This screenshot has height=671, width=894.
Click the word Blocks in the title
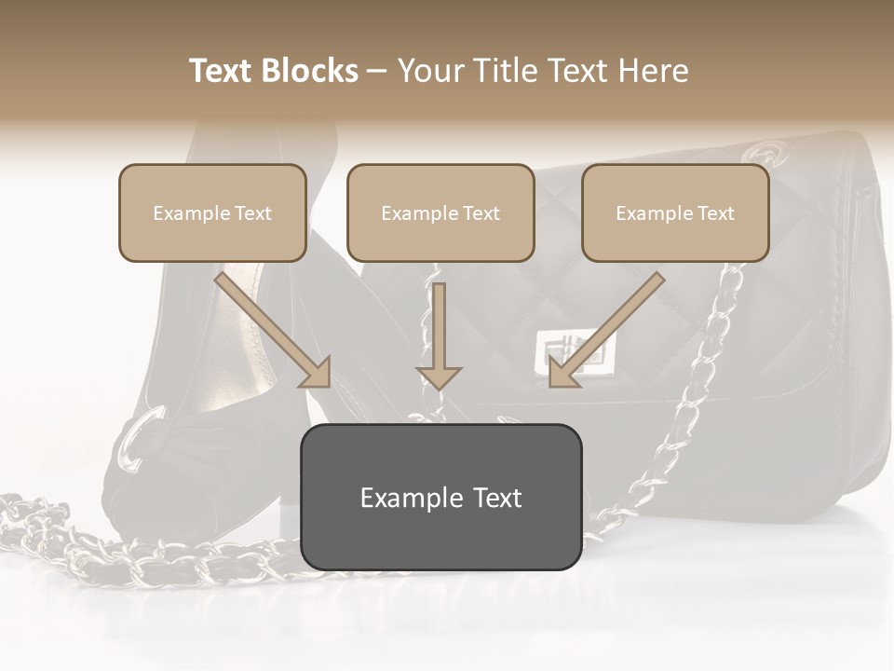click(310, 71)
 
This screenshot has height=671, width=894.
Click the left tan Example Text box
click(212, 212)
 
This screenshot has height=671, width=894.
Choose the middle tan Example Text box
click(440, 212)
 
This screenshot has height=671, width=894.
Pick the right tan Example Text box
click(675, 212)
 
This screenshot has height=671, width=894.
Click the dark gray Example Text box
click(440, 497)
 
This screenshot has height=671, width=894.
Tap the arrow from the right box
click(608, 328)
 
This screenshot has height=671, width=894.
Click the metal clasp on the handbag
click(562, 352)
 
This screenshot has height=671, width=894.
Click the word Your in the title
click(429, 71)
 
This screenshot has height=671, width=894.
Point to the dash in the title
click(377, 71)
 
